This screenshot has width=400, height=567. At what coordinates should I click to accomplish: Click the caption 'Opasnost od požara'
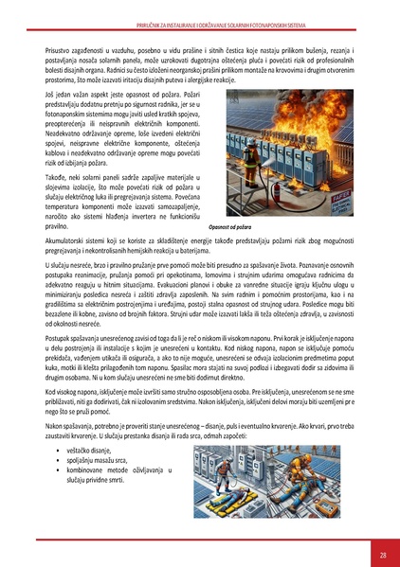pyautogui.click(x=236, y=228)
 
